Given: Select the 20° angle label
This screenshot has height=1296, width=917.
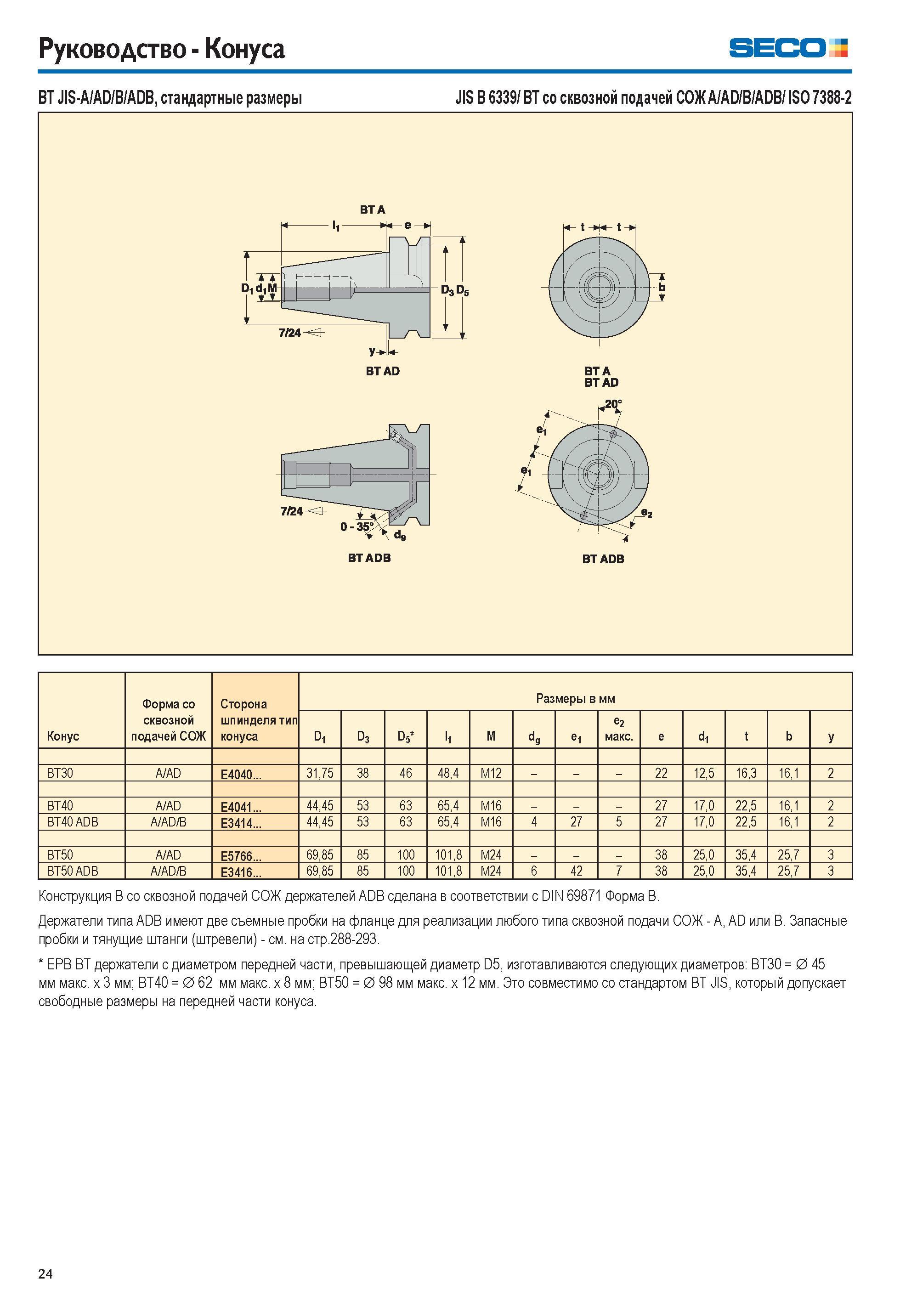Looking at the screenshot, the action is (613, 404).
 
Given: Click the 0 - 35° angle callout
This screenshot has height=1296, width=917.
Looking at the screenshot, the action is (357, 527).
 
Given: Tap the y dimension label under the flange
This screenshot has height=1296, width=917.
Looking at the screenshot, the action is (372, 351).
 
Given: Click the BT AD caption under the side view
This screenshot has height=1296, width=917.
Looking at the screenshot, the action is (382, 371).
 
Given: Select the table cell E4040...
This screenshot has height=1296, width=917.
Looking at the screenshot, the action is (241, 774).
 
